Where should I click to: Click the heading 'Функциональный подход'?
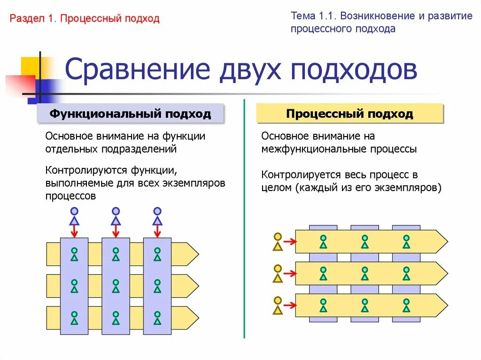(131, 114)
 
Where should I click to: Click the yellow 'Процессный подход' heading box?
(349, 114)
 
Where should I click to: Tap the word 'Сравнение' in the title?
(137, 70)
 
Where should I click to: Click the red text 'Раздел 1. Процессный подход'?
(85, 19)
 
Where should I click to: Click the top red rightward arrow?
(289, 242)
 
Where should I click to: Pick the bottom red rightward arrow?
(289, 306)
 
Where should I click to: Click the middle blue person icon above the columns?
(116, 216)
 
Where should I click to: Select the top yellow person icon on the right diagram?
(278, 241)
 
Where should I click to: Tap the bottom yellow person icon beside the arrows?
(278, 305)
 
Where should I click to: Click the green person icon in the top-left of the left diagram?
(74, 254)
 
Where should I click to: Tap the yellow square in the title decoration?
(30, 67)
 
